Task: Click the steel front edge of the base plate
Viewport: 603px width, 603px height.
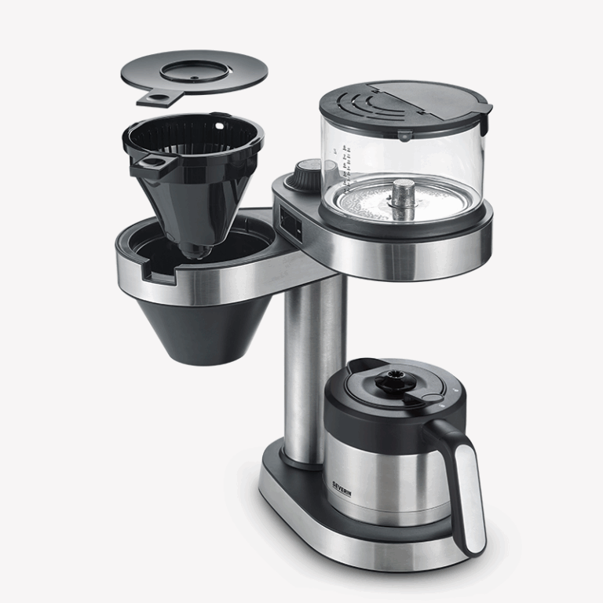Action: tap(353, 550)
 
